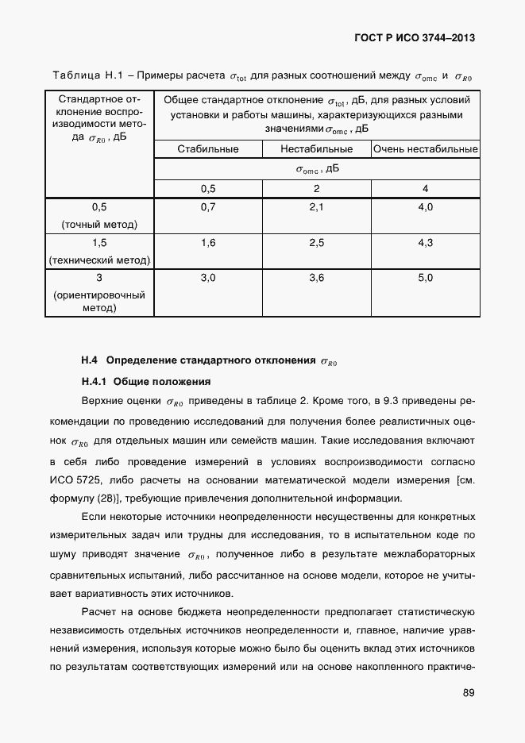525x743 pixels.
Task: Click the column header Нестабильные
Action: [316, 148]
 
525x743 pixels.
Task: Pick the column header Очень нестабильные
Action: [426, 148]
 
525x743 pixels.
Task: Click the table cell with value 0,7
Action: [208, 207]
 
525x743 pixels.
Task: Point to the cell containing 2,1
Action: [316, 207]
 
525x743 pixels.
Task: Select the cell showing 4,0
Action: [426, 207]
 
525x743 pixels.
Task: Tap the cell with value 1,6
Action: [208, 243]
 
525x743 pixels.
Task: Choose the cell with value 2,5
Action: [316, 243]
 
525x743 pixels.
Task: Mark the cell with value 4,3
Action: [426, 243]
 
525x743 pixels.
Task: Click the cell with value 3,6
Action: [316, 278]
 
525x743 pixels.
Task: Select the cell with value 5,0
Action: [426, 278]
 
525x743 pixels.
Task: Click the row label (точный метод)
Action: [99, 225]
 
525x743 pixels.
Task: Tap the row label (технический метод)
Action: [99, 260]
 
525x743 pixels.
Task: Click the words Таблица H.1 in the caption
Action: [85, 76]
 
